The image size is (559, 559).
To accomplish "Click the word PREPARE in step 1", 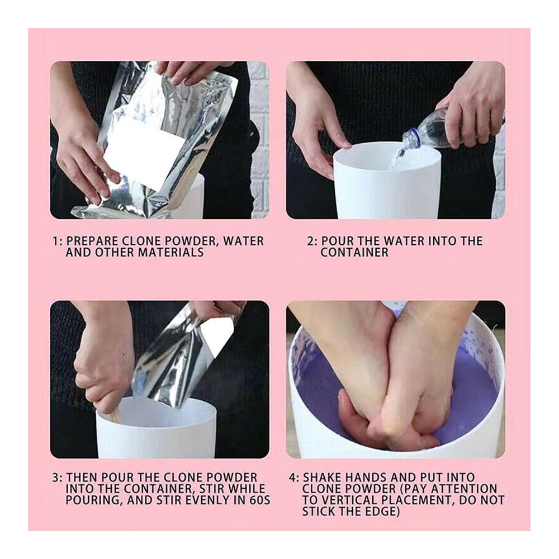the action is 89,241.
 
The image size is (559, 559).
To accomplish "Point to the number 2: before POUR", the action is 312,241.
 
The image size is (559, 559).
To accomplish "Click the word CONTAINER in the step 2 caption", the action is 354,253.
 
